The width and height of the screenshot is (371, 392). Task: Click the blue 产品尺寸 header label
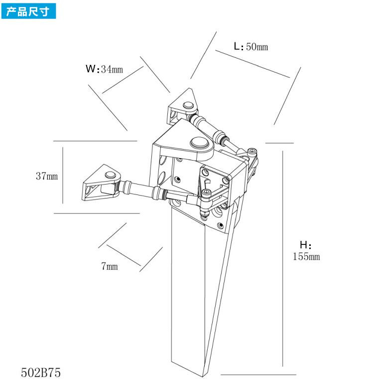click(28, 10)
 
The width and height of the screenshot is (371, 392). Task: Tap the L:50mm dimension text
click(251, 46)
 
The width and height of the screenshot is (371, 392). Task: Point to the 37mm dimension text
click(46, 176)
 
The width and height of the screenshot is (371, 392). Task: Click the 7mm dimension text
click(110, 266)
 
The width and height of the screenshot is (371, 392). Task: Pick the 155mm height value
click(306, 256)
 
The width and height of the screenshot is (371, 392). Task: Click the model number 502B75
click(41, 373)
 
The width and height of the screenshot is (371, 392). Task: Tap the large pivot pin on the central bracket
click(200, 143)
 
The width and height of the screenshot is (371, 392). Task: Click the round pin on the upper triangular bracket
click(188, 105)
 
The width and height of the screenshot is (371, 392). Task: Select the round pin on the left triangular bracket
click(111, 175)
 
